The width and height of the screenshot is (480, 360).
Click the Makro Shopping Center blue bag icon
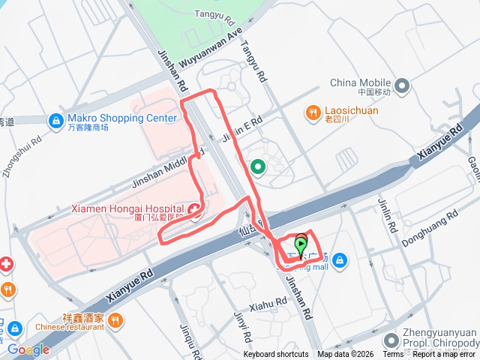click(x=55, y=120)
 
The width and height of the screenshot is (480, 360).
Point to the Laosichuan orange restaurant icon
click(x=313, y=112)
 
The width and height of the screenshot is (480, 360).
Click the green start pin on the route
click(x=301, y=244)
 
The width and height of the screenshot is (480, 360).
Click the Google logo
click(x=28, y=349)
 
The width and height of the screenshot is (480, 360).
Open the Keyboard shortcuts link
click(x=275, y=355)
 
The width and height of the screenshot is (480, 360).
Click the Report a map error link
click(x=443, y=355)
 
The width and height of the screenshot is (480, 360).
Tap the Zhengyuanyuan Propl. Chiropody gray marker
click(x=392, y=340)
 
